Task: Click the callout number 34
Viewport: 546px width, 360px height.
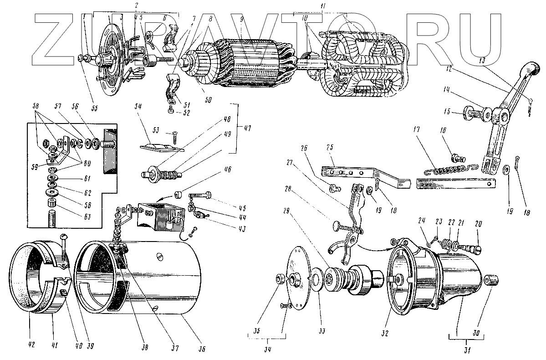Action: tap(267, 350)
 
